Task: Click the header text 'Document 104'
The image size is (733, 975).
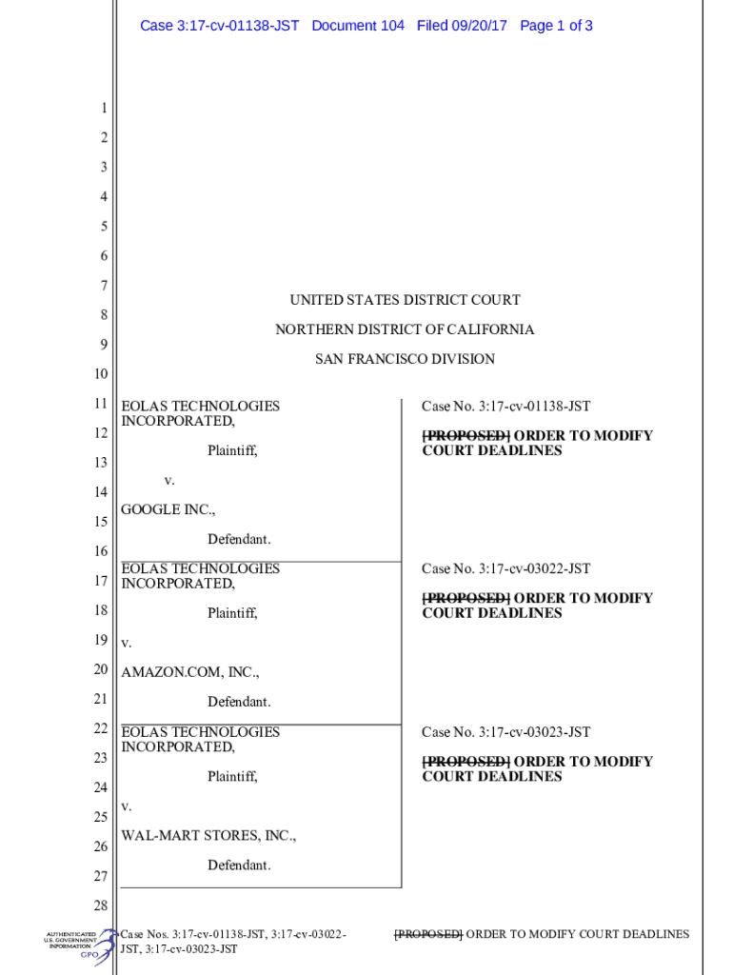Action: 358,26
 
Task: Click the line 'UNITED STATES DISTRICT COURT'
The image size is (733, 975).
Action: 405,300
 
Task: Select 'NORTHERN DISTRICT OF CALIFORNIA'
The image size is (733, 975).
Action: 405,329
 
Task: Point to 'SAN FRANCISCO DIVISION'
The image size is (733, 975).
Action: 405,359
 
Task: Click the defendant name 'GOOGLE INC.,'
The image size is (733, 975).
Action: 168,509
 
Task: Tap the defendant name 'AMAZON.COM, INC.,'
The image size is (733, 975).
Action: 189,672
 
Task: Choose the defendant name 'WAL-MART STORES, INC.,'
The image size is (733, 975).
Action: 208,836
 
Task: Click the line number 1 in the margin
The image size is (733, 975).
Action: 103,109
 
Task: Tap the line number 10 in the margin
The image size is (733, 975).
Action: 100,373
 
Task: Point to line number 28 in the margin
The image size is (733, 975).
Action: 100,905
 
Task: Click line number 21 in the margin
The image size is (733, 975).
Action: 100,700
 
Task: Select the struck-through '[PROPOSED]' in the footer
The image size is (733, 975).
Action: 427,934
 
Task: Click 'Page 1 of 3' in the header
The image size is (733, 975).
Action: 556,26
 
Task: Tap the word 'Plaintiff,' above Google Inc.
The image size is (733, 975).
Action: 232,450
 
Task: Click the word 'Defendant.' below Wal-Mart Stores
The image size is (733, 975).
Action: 239,866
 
